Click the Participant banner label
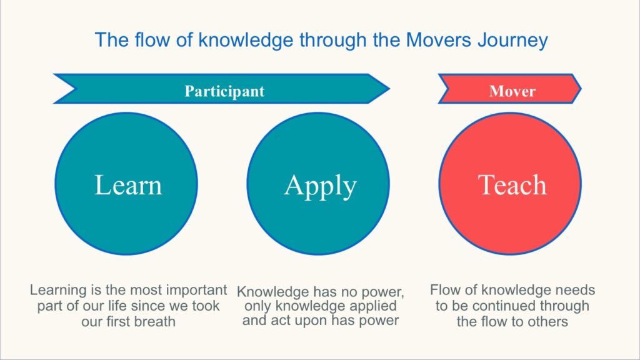coord(224,91)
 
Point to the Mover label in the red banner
coord(512,91)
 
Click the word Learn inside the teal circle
coord(128,185)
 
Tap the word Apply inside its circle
coord(321,186)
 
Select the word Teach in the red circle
coord(512,185)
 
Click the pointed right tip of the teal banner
coord(389,89)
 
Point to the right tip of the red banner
coord(581,89)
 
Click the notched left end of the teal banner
coord(76,89)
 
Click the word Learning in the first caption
coord(58,290)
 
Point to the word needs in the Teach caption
coord(575,290)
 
